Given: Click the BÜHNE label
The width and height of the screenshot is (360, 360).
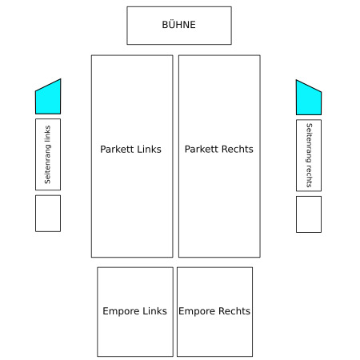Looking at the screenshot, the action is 178,25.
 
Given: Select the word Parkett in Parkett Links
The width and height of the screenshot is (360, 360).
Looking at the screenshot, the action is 117,149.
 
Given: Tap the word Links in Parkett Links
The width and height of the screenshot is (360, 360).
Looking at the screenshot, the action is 149,149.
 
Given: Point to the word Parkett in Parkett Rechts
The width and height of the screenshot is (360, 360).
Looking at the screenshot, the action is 202,149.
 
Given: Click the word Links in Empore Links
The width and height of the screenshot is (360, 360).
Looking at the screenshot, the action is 154,311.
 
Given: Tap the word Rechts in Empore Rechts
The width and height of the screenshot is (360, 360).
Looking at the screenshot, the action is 234,311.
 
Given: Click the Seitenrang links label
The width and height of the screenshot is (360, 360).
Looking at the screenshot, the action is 47,154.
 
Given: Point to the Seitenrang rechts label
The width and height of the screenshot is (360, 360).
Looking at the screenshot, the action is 309,155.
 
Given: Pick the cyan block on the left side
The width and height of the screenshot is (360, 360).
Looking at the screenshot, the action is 48,98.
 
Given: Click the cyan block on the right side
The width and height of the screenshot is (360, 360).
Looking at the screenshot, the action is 309,99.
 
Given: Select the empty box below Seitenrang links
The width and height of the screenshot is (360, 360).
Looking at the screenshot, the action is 48,214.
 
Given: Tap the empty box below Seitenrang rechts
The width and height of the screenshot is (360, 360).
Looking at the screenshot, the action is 309,214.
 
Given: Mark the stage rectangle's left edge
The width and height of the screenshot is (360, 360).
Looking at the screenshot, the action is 127,26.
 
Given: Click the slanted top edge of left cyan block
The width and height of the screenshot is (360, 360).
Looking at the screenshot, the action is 48,85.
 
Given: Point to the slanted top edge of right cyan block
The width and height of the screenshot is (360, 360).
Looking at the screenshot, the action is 309,86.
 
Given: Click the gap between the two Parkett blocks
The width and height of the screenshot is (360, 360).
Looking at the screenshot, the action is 176,156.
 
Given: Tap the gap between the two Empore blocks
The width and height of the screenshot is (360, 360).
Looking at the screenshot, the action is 175,312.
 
